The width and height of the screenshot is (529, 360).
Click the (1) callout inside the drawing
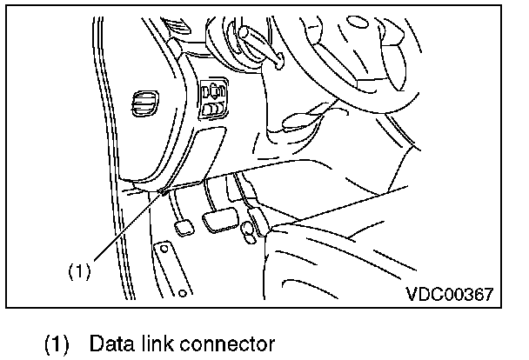click(79, 270)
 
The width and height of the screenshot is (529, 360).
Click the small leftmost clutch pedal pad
click(184, 228)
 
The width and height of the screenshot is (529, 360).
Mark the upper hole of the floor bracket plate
click(162, 251)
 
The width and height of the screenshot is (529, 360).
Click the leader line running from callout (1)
click(122, 230)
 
